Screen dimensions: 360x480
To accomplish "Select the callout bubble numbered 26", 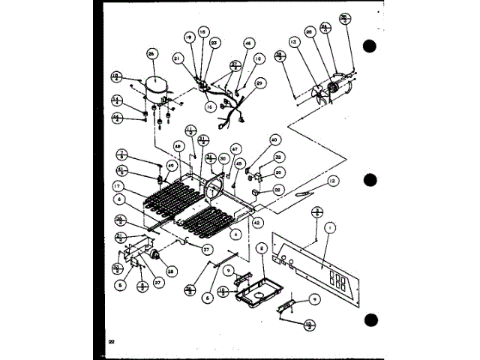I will pos(152,55).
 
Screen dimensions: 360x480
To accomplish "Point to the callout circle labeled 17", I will pos(118,185).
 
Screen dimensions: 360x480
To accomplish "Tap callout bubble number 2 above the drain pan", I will pos(262,247).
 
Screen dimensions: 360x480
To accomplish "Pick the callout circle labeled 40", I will pos(274,139).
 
